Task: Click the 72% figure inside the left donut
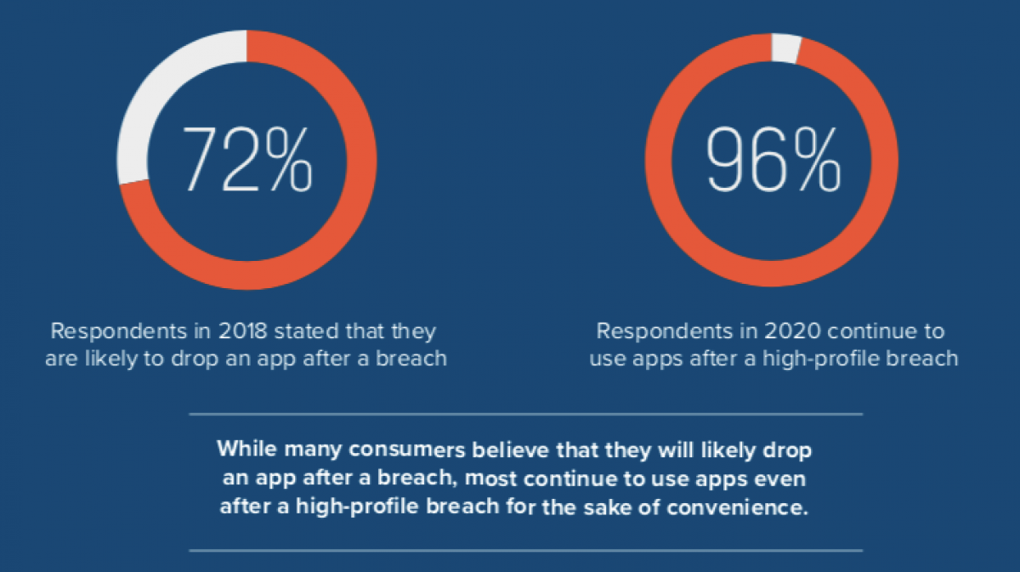click(247, 160)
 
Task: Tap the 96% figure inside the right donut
click(773, 160)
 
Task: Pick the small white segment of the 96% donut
click(786, 48)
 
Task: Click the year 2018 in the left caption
click(242, 331)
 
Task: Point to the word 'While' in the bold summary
click(247, 449)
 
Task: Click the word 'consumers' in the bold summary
click(406, 450)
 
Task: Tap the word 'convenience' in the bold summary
click(738, 507)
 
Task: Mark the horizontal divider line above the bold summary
click(526, 414)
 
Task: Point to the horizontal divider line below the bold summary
click(526, 550)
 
